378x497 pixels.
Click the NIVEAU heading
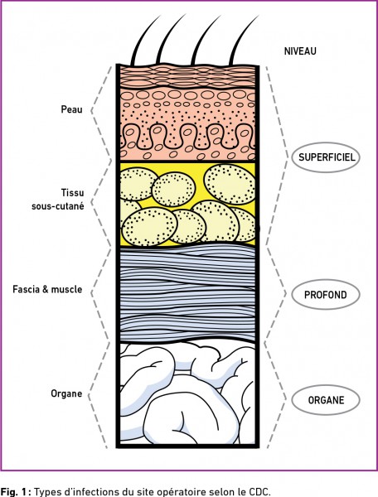300,51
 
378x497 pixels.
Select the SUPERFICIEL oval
326,157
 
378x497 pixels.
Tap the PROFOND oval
326,295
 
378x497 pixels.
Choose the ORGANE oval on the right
326,400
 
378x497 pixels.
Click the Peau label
71,109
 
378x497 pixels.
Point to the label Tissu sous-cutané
58,200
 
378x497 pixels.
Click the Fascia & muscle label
47,289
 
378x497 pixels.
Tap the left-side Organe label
66,393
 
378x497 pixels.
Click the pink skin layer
187,113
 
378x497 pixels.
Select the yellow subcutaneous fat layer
187,204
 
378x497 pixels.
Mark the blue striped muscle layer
187,293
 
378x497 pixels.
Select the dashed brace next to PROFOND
275,293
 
